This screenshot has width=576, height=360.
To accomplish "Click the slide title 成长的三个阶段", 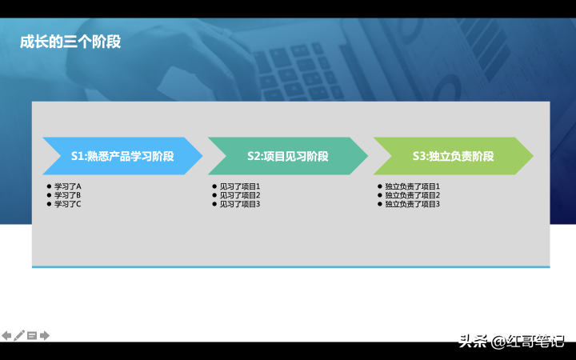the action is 70,42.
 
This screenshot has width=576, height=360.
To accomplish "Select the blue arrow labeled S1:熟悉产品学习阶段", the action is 122,156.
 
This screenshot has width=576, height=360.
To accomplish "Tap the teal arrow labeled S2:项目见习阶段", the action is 288,156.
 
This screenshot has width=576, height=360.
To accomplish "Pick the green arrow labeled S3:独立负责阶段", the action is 454,156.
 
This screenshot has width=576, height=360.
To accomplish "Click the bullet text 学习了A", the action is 67,186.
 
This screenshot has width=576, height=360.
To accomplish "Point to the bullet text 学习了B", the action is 67,195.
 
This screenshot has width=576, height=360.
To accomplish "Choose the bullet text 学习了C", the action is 67,204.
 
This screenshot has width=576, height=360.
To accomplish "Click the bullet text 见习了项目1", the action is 240,186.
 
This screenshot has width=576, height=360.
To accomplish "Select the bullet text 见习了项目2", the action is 240,195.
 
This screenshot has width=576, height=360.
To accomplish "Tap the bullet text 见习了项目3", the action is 240,204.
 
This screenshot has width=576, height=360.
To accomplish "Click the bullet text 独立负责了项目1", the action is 412,186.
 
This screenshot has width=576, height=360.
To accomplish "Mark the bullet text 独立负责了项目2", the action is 412,195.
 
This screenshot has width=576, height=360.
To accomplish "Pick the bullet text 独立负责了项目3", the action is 412,204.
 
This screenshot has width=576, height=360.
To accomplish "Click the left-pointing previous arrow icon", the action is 6,335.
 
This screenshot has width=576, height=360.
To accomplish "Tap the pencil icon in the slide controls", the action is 19,335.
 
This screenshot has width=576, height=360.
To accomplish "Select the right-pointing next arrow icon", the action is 45,335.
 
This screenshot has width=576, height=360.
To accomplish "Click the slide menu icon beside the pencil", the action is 32,335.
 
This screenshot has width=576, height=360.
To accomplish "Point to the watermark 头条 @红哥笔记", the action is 511,342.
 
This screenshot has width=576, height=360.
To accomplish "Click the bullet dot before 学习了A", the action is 50,186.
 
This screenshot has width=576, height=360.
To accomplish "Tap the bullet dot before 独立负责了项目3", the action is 380,204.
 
